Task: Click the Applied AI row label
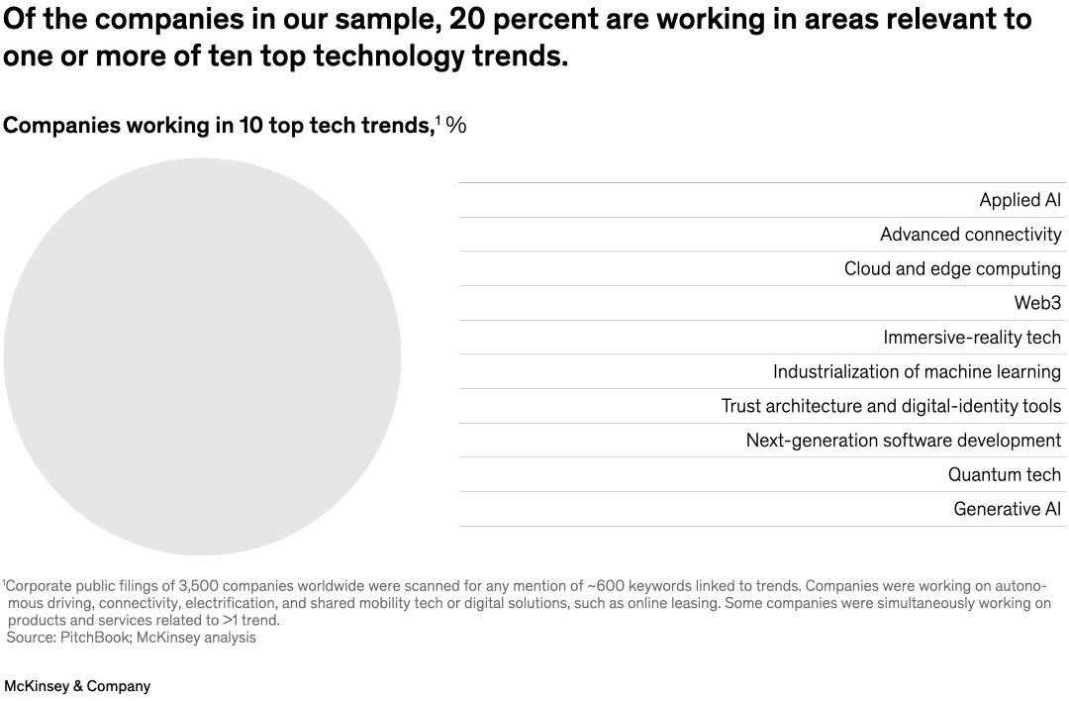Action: (x=1020, y=200)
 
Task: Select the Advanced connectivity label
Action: (x=970, y=235)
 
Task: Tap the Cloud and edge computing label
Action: (x=952, y=269)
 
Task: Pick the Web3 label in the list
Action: (x=1037, y=303)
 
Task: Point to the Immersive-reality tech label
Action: (x=972, y=338)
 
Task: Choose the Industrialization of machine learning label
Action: (x=917, y=372)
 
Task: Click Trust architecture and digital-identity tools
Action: (x=891, y=406)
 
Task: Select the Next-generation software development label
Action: (x=903, y=441)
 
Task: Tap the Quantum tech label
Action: (x=1004, y=475)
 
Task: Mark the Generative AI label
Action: (x=1007, y=509)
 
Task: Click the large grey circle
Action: (x=202, y=356)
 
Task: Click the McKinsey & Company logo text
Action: (x=77, y=686)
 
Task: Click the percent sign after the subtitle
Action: (x=455, y=126)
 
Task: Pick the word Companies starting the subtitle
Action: (x=60, y=126)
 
